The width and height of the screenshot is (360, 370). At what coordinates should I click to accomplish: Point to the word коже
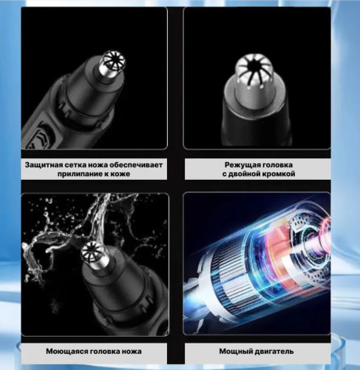(x=120, y=174)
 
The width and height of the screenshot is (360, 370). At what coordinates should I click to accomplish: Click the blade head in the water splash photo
(x=95, y=255)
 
